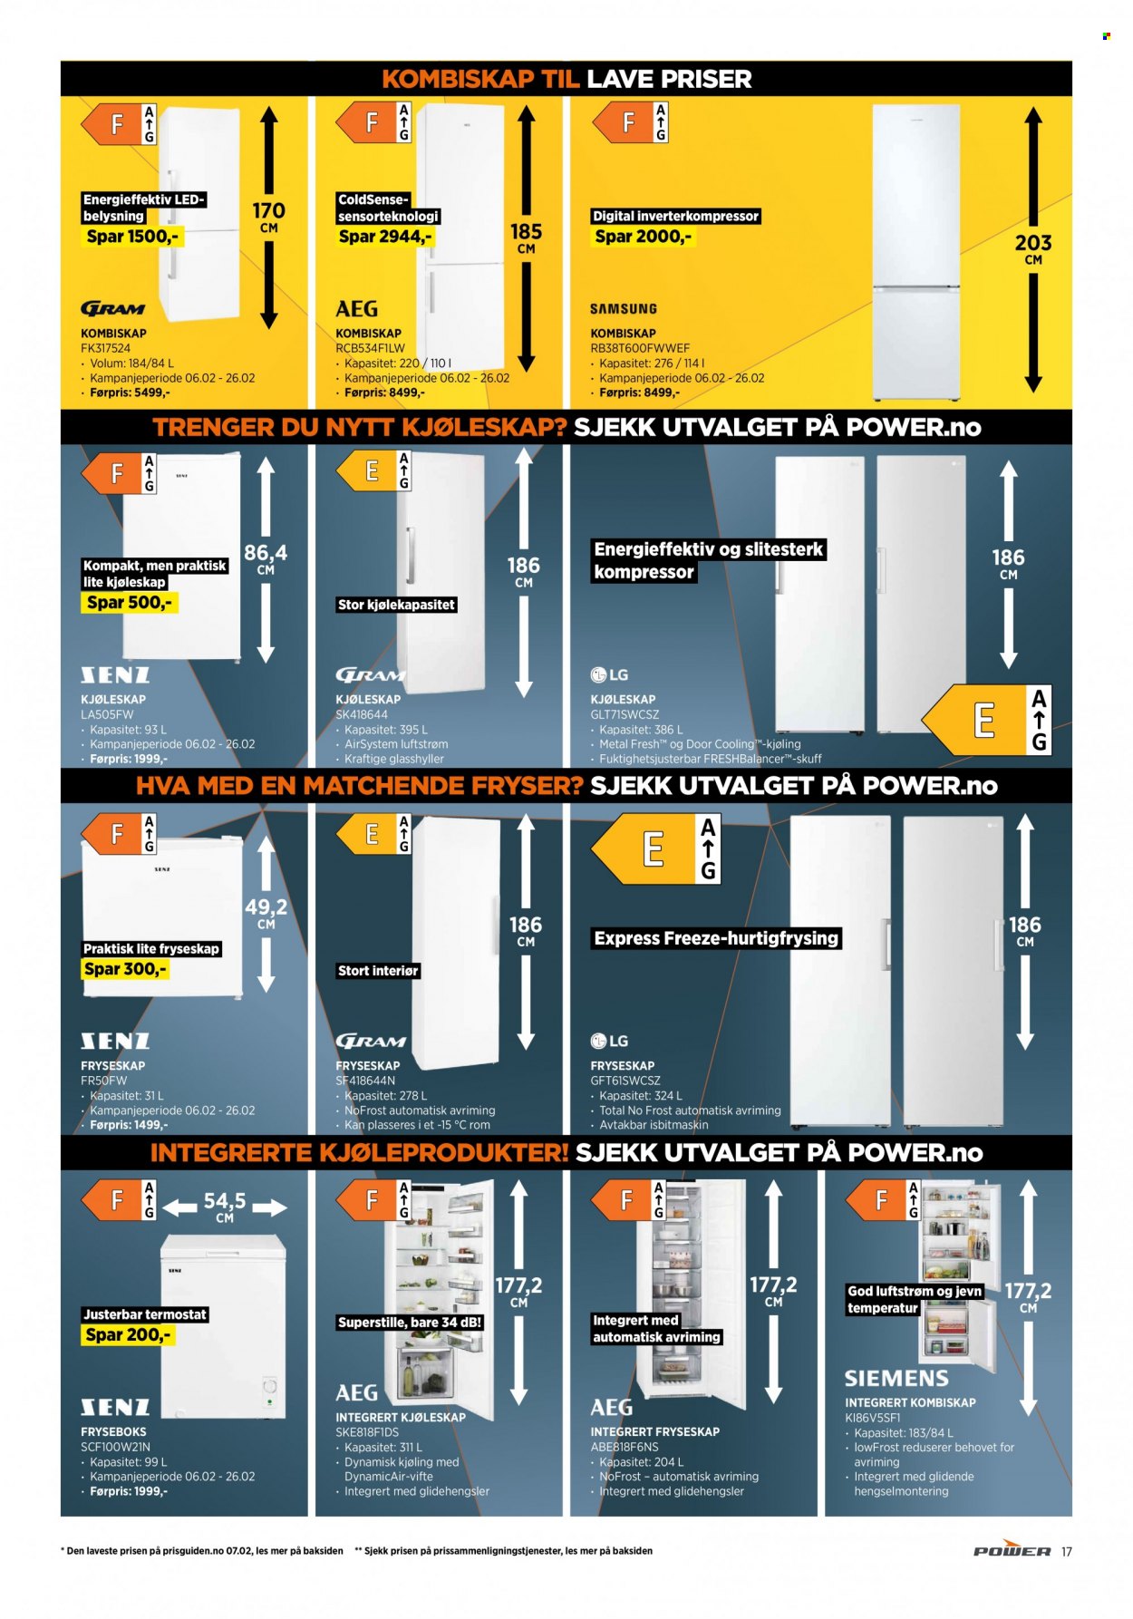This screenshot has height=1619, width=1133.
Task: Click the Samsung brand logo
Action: tap(624, 309)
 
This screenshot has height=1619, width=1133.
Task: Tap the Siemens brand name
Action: tap(896, 1379)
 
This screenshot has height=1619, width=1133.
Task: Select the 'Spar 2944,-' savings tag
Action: tap(385, 237)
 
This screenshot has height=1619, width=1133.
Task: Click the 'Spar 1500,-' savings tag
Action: tap(132, 237)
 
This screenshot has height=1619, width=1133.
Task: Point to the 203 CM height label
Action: tap(1033, 248)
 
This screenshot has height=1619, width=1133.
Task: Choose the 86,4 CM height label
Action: tap(266, 558)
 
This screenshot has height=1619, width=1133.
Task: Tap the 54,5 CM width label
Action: tap(225, 1207)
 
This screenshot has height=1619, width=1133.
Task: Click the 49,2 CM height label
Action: tap(266, 913)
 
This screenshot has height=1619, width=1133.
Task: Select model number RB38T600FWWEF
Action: tap(640, 348)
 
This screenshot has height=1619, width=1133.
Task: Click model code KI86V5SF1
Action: tap(873, 1417)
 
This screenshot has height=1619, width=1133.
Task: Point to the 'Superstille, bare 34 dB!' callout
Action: tap(410, 1323)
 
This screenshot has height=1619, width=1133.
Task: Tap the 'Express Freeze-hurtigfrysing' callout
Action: tap(716, 938)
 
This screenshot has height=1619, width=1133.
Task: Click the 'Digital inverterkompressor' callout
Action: tap(675, 216)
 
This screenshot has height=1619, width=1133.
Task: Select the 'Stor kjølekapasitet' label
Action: tap(396, 605)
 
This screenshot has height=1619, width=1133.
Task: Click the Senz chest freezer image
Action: tap(223, 1326)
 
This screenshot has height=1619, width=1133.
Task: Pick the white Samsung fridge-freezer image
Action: tap(915, 253)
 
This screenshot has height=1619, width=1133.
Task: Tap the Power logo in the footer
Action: tap(1012, 1551)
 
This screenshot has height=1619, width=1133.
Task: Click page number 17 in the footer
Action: tap(1067, 1552)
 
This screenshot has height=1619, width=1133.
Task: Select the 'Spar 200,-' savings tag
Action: tap(128, 1335)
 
